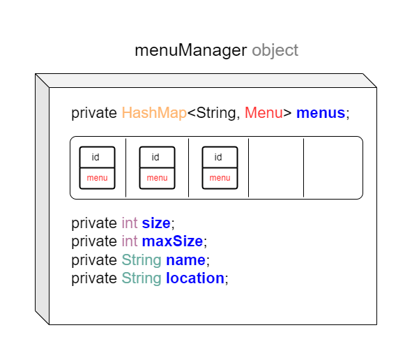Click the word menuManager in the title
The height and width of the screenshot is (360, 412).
tap(191, 50)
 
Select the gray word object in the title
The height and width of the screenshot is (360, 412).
tap(275, 50)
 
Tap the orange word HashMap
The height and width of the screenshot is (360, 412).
tap(154, 113)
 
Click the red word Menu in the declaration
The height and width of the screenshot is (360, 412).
tap(264, 113)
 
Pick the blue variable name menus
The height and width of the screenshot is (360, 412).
tap(321, 113)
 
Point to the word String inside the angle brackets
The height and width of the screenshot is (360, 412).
tap(216, 114)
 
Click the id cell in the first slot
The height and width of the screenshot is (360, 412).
tap(97, 157)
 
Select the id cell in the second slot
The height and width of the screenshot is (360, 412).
tap(157, 157)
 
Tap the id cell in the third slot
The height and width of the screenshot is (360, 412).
tap(220, 157)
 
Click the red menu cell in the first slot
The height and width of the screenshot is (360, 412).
tap(97, 179)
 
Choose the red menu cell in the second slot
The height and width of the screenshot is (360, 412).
tap(157, 179)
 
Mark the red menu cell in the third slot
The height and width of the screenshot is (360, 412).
tap(220, 179)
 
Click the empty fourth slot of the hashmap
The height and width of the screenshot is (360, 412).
tap(276, 167)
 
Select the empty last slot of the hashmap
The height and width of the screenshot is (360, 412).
tap(333, 167)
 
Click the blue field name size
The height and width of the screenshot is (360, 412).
tap(156, 223)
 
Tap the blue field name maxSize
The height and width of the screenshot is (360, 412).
tap(172, 241)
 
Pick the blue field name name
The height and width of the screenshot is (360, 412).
tap(185, 260)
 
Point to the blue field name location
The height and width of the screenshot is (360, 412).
tap(195, 278)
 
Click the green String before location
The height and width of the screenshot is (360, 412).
tap(142, 278)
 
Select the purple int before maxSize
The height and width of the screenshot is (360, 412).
tap(130, 241)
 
